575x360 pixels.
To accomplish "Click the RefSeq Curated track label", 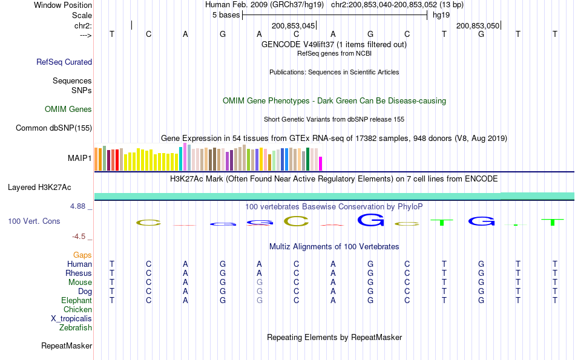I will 64,62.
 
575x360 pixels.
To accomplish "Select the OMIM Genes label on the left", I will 68,110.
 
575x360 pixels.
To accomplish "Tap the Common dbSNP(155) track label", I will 54,128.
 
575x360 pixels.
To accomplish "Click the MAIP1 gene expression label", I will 80,159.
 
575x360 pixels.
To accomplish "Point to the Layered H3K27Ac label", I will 39,188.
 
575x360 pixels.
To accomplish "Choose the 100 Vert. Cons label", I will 34,221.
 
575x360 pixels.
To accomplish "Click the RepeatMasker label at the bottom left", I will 67,346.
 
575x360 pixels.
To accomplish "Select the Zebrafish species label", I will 76,328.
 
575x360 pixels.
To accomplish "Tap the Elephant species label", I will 76,301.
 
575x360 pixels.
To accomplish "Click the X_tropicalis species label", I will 71,319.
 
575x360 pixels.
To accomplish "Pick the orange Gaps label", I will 82,255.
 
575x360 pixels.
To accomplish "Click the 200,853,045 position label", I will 294,26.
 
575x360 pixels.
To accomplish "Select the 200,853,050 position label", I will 478,26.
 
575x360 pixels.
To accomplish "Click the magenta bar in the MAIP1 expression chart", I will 321,164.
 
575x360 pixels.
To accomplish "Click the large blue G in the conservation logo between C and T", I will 370,220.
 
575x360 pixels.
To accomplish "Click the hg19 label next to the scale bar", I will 433,15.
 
